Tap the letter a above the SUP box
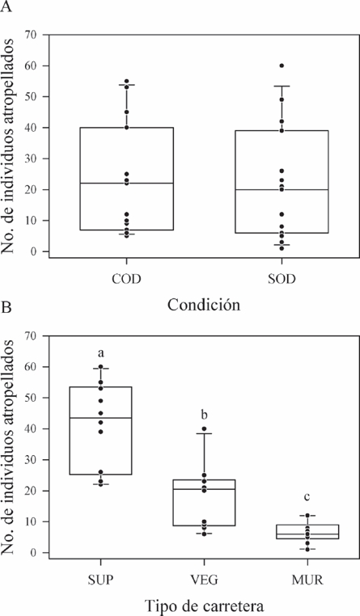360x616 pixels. coord(102,353)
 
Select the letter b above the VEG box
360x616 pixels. coord(203,415)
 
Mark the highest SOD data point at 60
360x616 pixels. coord(281,65)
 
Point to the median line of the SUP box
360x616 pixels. coord(102,418)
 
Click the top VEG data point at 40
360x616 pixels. coord(204,429)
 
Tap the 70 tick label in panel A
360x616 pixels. coord(32,35)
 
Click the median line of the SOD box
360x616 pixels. coord(281,189)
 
